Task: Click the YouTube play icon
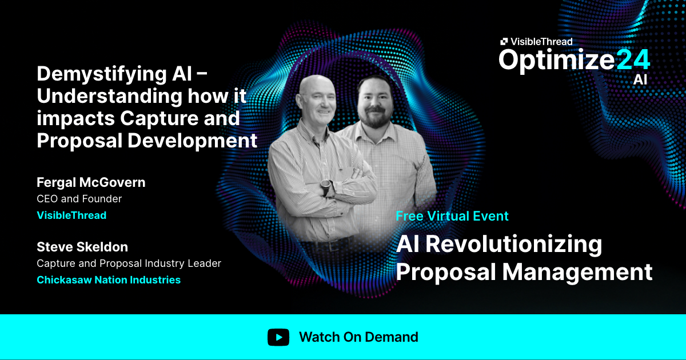coord(278,337)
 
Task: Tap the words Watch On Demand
coord(358,337)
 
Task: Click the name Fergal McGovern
coord(91,182)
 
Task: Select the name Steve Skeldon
coord(82,247)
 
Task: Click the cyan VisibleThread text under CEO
coord(71,215)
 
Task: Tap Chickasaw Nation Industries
coord(109,280)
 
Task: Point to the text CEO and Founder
coord(79,199)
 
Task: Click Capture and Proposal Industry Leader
coord(129,263)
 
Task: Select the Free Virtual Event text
coord(452,216)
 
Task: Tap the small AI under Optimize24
coord(640,80)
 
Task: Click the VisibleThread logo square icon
coord(504,41)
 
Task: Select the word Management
coord(578,271)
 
